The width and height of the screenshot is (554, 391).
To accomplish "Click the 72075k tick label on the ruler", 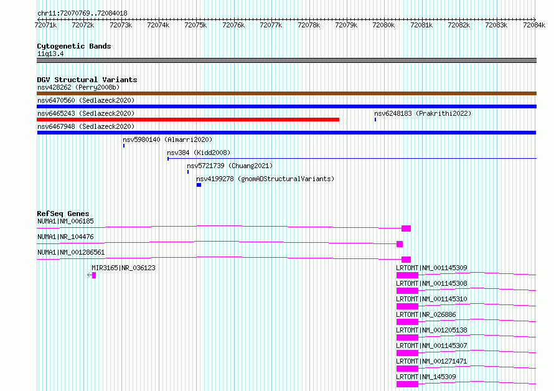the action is [195, 25].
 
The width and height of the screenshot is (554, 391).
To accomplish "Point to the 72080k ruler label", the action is [383, 25].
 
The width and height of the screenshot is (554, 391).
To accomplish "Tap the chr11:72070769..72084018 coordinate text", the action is [82, 14].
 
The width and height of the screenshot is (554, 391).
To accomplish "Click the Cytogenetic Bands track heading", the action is [74, 46].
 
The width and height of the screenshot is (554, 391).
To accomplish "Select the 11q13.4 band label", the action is [50, 54].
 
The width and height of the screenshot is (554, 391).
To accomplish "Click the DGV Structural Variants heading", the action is [87, 80].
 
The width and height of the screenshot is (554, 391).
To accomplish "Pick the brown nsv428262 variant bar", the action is [286, 93].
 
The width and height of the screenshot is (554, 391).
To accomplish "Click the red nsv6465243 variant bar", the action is [188, 120].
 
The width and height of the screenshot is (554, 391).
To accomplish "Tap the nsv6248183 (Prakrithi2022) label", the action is [423, 113].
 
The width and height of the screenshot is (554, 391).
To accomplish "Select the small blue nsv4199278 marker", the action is [199, 185].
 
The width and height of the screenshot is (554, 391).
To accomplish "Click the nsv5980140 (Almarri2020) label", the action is [167, 139].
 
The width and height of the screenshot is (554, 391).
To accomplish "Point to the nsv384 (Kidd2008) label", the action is [199, 153].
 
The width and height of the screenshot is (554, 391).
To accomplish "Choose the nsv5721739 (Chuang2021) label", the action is [230, 166].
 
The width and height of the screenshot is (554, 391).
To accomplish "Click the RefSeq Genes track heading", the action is [63, 214].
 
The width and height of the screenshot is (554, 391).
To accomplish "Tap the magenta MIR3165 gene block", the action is [94, 275].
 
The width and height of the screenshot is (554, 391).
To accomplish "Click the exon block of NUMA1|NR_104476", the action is [400, 244].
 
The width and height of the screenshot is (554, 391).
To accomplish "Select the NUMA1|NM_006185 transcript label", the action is [65, 221].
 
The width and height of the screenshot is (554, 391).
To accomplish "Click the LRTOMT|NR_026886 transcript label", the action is [426, 314].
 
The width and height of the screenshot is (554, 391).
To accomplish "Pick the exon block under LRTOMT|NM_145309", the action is [407, 384].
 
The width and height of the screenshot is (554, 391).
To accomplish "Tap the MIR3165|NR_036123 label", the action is [123, 268].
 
